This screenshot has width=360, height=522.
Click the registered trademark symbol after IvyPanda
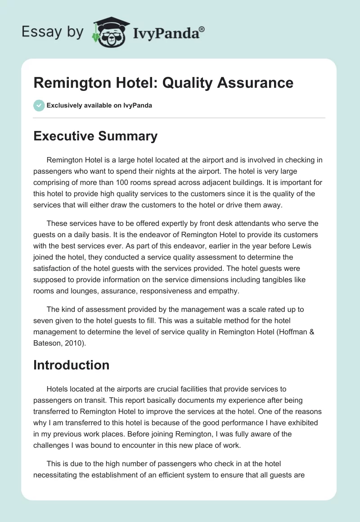(202, 29)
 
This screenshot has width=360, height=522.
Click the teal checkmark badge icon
(39, 105)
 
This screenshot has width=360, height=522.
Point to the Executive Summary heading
(95, 136)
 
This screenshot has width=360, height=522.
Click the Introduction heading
(71, 365)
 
